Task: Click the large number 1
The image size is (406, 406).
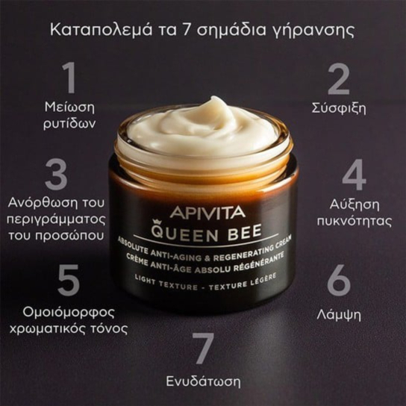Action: click(69, 78)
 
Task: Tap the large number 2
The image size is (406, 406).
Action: click(339, 78)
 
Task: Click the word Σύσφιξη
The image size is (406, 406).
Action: click(339, 108)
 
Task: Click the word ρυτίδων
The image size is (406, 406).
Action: click(69, 125)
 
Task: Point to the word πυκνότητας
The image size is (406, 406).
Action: click(355, 222)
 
